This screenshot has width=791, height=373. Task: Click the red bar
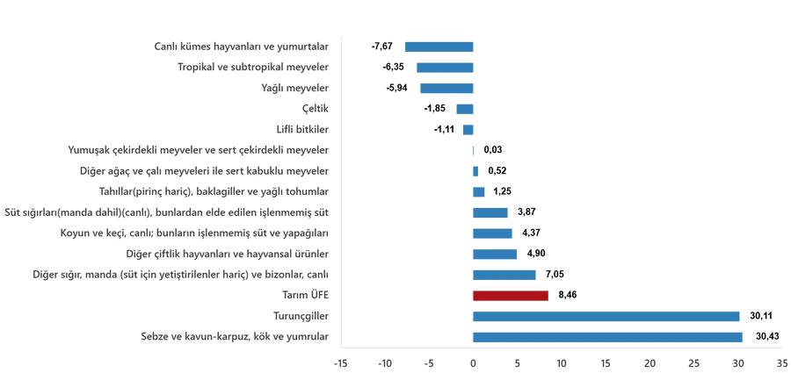tap(510, 296)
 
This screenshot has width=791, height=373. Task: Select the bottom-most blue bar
tap(606, 337)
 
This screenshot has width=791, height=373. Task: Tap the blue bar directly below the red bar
tap(606, 317)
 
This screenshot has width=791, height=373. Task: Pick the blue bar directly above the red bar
tap(504, 276)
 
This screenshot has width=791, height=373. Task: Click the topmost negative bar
tap(439, 47)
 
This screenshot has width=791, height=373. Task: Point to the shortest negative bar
tap(468, 130)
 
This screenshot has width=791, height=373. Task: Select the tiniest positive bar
tap(473, 150)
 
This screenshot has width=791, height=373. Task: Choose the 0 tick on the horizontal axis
tap(472, 362)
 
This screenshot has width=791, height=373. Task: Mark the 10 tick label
tap(561, 362)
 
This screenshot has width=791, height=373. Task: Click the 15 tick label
tap(605, 362)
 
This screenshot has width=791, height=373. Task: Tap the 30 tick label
tap(737, 362)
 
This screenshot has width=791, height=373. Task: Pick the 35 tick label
tap(781, 362)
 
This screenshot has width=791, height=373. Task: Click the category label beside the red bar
tap(304, 296)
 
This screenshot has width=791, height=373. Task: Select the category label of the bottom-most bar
tap(235, 337)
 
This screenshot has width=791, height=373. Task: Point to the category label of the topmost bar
tap(241, 47)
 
